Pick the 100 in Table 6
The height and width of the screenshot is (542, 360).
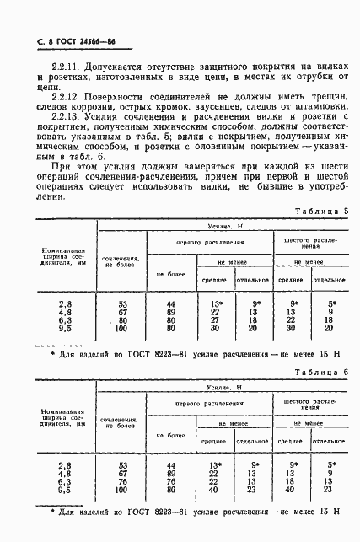(122, 491)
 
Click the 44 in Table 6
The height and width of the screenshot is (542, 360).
(170, 465)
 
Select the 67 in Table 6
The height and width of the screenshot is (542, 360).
(123, 474)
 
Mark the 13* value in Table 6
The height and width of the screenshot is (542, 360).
(213, 465)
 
